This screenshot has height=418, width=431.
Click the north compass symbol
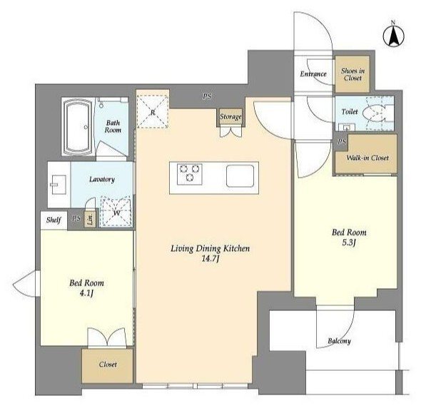393,36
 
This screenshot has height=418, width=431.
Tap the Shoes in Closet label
353,74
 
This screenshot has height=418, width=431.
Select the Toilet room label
350,111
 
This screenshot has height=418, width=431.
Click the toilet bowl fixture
374,113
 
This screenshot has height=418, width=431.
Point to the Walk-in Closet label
367,158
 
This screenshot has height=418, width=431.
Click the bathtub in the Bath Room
78,127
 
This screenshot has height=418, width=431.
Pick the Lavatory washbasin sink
59,185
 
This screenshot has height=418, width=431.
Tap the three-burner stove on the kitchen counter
189,174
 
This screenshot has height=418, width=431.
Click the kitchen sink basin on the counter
240,176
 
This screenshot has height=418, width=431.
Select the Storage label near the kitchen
230,116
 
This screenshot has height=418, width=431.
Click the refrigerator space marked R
153,111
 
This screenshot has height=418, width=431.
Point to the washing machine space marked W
116,211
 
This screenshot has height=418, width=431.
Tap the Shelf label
54,220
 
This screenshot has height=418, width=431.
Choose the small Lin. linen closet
90,218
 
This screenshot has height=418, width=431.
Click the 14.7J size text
211,259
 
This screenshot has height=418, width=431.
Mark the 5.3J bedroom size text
349,243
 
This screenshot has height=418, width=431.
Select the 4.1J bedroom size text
86,293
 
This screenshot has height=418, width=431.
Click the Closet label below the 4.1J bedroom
108,365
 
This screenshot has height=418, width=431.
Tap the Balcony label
339,341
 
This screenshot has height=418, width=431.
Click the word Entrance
313,73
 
